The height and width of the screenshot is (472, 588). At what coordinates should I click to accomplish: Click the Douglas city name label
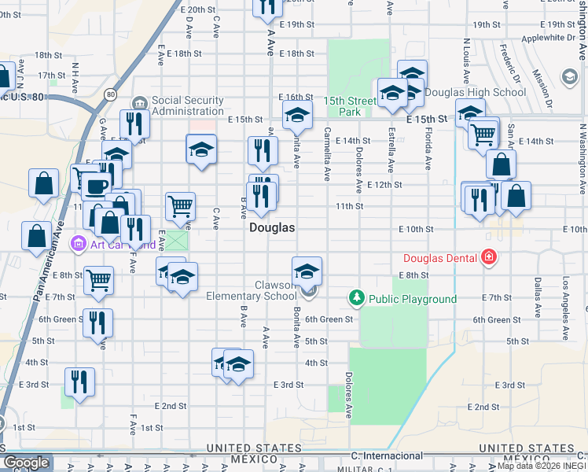tap(272, 228)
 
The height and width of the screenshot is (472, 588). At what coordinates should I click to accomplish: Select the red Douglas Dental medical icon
tap(489, 257)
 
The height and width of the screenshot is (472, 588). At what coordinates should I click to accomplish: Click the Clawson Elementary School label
tap(252, 290)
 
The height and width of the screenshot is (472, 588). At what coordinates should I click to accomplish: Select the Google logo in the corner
tap(26, 463)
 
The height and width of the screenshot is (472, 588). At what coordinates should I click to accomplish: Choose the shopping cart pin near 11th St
tap(181, 206)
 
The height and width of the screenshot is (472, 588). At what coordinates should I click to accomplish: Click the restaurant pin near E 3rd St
tap(79, 382)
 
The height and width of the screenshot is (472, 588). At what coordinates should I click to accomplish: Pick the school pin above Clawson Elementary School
tap(307, 271)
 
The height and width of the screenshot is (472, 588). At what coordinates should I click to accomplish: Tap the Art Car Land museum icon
tap(78, 244)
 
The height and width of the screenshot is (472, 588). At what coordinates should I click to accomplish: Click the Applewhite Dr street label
tap(543, 37)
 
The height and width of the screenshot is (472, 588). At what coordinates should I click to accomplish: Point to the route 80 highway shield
tap(110, 95)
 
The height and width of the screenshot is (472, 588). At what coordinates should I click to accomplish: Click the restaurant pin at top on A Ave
tap(267, 6)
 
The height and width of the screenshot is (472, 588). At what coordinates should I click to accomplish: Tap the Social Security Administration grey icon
tap(140, 103)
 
